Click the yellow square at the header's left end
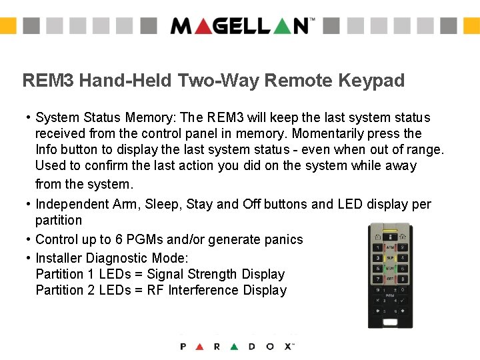point(7,26)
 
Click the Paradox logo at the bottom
point(237,347)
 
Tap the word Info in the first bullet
point(47,150)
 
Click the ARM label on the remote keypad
point(390,247)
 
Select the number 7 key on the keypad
point(377,279)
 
